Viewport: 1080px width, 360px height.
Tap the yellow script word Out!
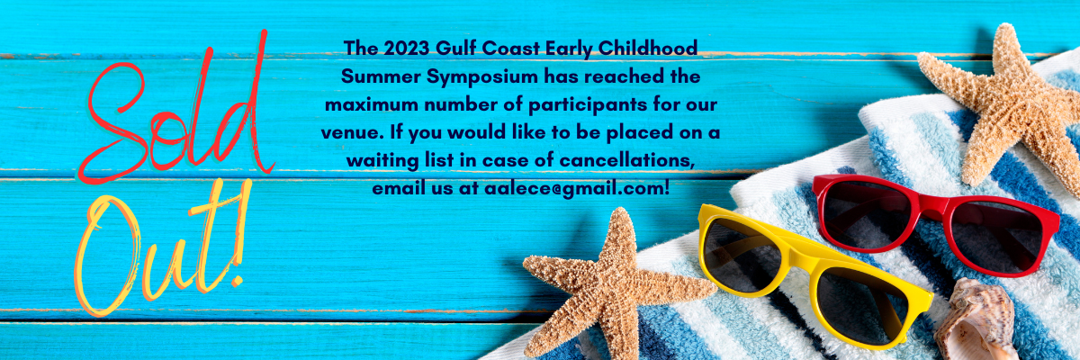[163, 247]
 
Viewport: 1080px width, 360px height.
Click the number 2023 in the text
[407, 49]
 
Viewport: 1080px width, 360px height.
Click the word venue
[353, 133]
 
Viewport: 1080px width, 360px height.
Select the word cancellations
[626, 160]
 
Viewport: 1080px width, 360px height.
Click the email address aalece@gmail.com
[577, 189]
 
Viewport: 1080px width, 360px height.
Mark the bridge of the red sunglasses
[931, 206]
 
